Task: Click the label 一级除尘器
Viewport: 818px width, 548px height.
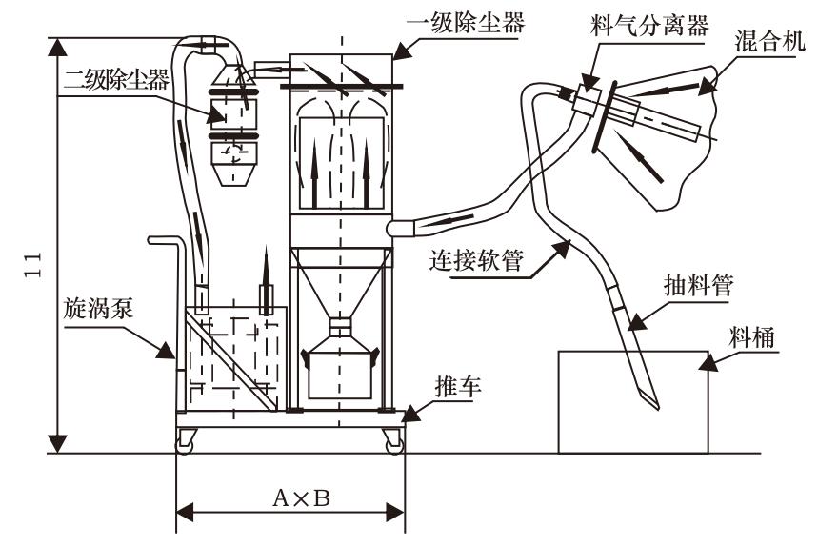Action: coord(466,23)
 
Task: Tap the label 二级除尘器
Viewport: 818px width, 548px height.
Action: coord(116,79)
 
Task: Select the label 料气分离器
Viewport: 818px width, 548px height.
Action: coord(649,25)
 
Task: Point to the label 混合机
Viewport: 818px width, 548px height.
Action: coord(770,41)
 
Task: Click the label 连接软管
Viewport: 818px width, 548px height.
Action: coord(476,259)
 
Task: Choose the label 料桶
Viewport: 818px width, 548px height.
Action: coord(751,336)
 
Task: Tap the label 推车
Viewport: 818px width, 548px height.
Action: coord(458,386)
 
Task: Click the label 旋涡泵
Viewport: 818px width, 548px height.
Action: coord(99,308)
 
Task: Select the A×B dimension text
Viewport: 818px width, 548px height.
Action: coord(302,498)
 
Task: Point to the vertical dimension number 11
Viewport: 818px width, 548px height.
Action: coord(32,265)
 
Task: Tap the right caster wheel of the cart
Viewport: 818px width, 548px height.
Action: coord(394,442)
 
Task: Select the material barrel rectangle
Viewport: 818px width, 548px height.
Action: coord(633,402)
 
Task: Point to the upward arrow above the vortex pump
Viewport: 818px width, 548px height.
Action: coord(266,281)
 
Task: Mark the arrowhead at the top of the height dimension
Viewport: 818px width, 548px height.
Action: coord(57,47)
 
